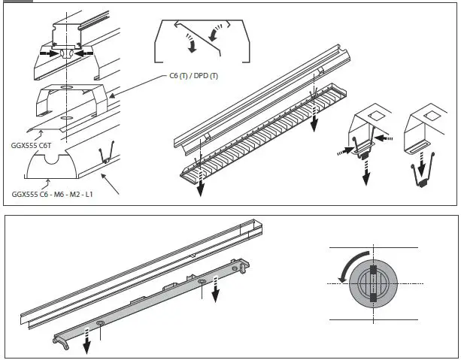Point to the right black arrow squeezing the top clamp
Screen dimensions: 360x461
point(85,54)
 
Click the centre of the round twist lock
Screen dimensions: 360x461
point(374,283)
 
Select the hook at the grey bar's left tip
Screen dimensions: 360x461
point(61,343)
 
